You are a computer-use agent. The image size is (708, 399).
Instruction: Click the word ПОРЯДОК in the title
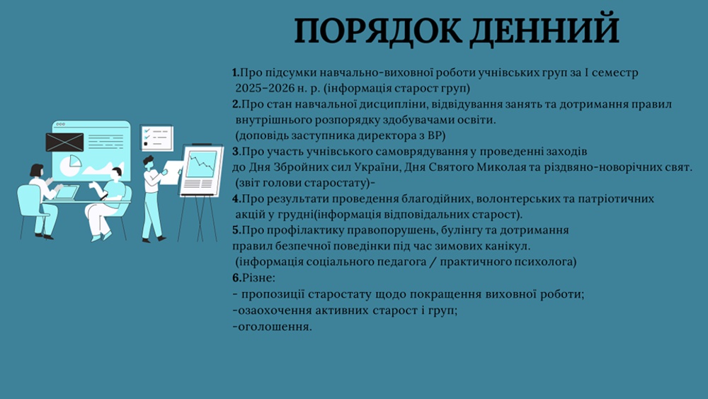click(378, 30)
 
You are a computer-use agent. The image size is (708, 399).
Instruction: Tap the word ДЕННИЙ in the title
click(544, 31)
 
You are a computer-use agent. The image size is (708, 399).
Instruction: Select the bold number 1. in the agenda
click(236, 72)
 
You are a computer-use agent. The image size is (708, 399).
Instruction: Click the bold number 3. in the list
click(236, 152)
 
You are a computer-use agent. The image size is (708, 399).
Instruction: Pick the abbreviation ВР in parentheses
click(435, 135)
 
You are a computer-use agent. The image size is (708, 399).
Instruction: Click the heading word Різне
click(258, 277)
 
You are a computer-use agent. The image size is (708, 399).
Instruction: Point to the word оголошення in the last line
click(273, 327)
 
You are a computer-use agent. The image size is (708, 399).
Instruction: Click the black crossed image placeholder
click(64, 142)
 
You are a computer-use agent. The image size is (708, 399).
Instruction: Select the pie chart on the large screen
click(70, 165)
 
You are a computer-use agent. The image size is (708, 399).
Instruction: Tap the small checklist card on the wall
click(156, 137)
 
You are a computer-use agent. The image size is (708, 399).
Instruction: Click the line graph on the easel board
click(202, 164)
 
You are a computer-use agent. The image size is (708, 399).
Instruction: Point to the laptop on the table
click(67, 193)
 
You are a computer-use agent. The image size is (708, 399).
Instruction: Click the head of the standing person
click(148, 162)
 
